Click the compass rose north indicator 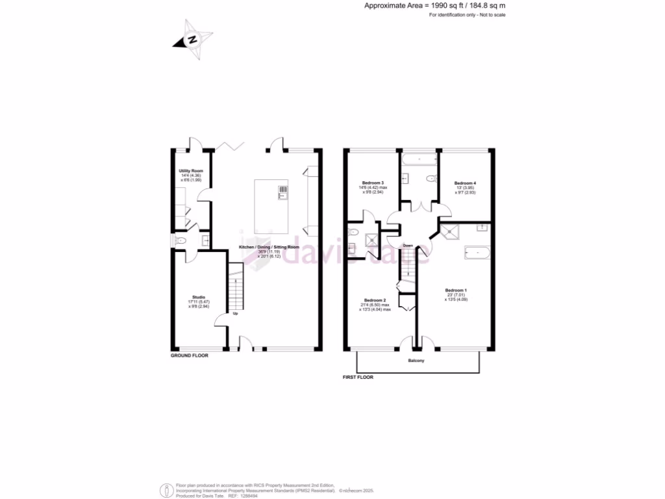[x=192, y=38]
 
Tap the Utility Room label [x=191, y=171]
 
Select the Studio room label [x=199, y=298]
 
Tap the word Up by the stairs [x=235, y=314]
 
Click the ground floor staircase [x=235, y=287]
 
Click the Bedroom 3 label [x=373, y=183]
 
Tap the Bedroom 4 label [x=466, y=183]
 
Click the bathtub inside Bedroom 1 [x=477, y=252]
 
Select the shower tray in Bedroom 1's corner [x=449, y=231]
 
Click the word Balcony [x=416, y=361]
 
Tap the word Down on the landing [x=408, y=246]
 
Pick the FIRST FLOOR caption [x=358, y=377]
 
